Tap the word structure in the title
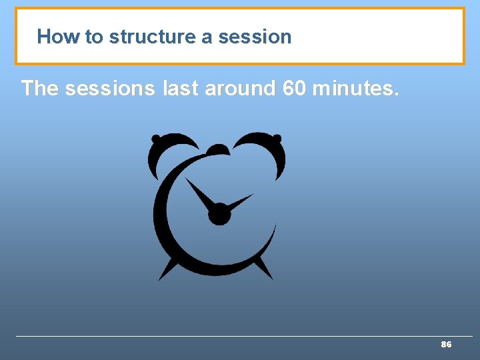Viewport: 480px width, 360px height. (154, 37)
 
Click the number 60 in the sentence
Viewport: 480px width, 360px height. (294, 88)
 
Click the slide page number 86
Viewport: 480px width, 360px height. (446, 345)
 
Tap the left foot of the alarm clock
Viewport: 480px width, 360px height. (167, 270)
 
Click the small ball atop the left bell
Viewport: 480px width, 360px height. (156, 139)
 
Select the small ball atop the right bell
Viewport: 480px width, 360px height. (277, 139)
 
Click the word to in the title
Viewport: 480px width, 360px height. (93, 37)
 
